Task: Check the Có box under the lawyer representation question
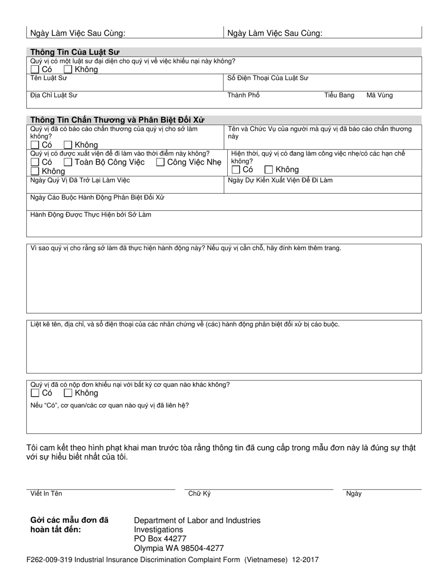coord(35,70)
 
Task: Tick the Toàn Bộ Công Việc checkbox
coord(68,163)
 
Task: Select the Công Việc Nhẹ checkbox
coord(160,163)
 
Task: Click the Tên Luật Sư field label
coord(49,78)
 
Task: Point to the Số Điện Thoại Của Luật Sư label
coord(268,78)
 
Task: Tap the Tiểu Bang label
coord(339,95)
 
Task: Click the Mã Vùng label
coord(379,95)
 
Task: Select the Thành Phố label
coord(243,95)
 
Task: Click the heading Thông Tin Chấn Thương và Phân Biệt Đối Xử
coord(117,120)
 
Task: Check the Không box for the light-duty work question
coord(269,170)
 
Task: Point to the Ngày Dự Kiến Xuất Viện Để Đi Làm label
coord(280,180)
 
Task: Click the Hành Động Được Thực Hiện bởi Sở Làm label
coord(91,215)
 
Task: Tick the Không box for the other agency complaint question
coord(68,393)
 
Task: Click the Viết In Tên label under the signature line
coord(46,494)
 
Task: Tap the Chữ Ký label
coord(199,494)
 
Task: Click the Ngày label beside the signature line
coord(354,494)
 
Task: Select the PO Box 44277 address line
coord(160,539)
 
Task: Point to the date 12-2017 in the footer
coord(305,560)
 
